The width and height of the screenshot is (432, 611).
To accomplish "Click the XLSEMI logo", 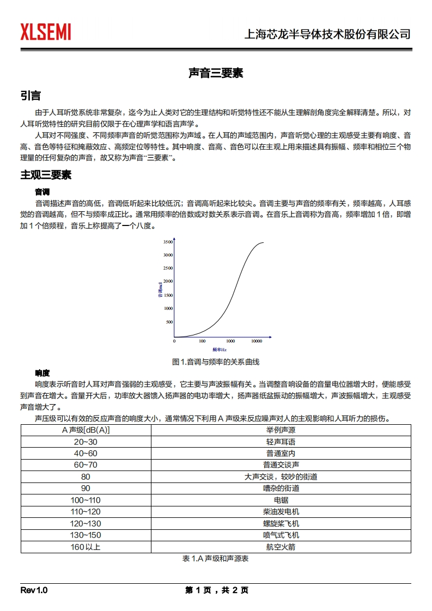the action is (46, 32).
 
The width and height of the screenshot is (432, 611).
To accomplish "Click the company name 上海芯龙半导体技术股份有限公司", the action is (327, 34).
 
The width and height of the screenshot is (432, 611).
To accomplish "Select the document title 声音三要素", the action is (216, 73).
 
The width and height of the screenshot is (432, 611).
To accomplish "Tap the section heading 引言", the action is (31, 96).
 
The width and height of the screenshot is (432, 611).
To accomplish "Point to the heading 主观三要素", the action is (46, 175).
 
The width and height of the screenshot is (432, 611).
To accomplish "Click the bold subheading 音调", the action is (42, 192).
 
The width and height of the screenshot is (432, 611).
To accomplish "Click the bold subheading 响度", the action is (42, 373).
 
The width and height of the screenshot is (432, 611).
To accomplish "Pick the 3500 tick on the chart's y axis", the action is (168, 241).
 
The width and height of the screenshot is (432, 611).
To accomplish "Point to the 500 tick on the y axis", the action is (169, 322).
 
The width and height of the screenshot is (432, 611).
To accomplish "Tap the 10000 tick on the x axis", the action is (257, 341).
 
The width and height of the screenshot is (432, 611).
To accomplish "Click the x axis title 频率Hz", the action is (220, 349).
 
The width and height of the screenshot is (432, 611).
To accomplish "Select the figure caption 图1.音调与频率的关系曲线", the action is (216, 362).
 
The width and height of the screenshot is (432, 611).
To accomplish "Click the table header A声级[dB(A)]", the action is (86, 430).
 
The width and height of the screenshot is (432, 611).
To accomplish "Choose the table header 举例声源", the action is (281, 430).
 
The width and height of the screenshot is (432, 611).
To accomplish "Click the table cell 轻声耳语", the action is (281, 442).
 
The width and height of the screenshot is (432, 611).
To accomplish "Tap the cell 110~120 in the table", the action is (86, 511).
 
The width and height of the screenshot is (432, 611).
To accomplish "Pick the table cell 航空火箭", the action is (281, 547).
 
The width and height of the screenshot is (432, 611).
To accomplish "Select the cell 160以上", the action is (86, 547).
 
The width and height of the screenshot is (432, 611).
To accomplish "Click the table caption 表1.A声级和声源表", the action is (216, 559).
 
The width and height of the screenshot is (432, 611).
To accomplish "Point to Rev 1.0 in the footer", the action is (34, 590).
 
